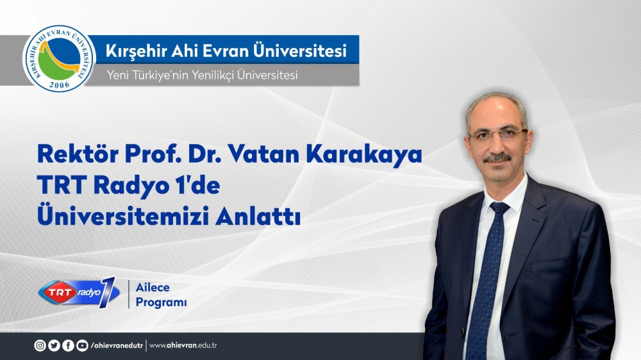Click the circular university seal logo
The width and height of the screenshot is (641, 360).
click(59, 58)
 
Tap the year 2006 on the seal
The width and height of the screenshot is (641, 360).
click(59, 85)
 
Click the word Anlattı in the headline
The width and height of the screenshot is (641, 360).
click(258, 216)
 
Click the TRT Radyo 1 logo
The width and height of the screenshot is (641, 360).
click(79, 292)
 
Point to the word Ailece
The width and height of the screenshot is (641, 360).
click(153, 287)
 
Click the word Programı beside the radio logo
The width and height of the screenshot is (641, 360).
click(161, 303)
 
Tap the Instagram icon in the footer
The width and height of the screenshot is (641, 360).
click(40, 346)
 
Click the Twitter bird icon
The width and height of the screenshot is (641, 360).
click(54, 346)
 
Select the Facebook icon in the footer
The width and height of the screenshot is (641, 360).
click(68, 346)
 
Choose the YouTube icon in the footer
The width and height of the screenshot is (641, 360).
click(82, 346)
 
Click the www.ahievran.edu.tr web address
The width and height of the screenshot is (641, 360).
click(183, 346)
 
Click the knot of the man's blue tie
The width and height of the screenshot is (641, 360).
click(499, 208)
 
